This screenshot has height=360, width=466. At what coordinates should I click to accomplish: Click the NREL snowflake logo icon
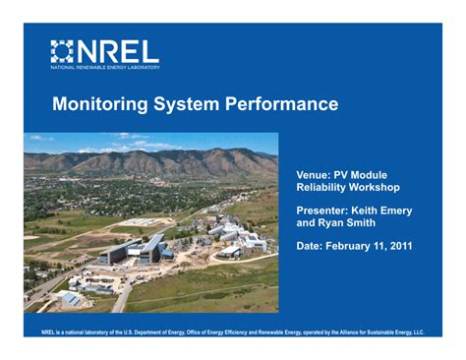tap(62, 51)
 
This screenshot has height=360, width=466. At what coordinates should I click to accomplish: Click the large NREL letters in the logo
tap(118, 51)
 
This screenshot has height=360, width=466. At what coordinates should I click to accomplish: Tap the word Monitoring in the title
tap(100, 104)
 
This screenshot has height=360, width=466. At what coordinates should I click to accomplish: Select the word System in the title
tap(186, 104)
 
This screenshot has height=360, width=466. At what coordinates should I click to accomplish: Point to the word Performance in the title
tap(281, 103)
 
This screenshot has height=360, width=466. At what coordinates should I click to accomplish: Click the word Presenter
tap(322, 210)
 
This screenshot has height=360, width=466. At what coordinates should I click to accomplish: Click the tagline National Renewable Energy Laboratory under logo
tap(105, 68)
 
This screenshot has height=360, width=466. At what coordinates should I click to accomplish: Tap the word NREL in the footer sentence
tap(47, 332)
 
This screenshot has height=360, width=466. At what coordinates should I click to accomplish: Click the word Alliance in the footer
tap(352, 332)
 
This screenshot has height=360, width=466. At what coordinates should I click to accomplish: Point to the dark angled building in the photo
tap(136, 250)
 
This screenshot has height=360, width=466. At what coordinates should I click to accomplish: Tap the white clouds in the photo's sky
tap(145, 144)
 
